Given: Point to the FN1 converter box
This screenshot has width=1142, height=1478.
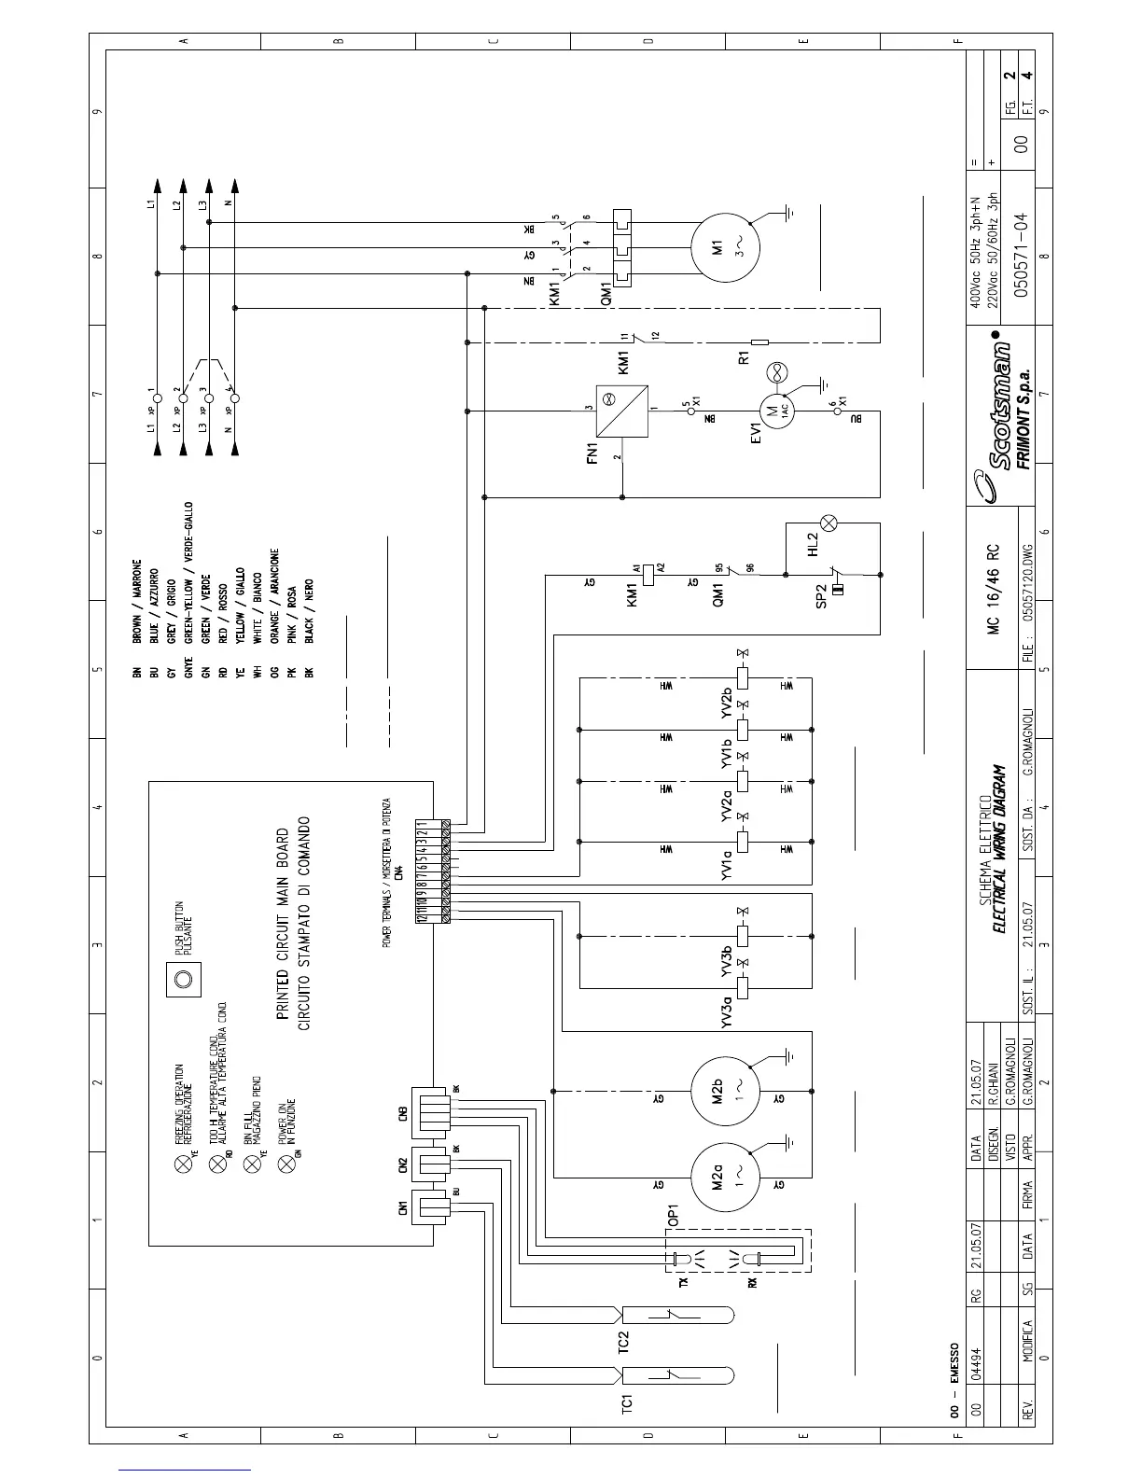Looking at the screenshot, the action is (x=622, y=411).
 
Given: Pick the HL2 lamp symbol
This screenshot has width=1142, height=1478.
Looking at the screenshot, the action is (x=828, y=523).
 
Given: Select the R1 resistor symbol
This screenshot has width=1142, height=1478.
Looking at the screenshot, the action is (x=759, y=342).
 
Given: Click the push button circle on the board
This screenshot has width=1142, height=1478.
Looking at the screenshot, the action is (x=184, y=979).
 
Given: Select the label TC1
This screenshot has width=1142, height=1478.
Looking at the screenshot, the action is (x=627, y=1405).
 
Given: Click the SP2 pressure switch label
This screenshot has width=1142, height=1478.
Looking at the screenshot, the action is (x=821, y=596).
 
